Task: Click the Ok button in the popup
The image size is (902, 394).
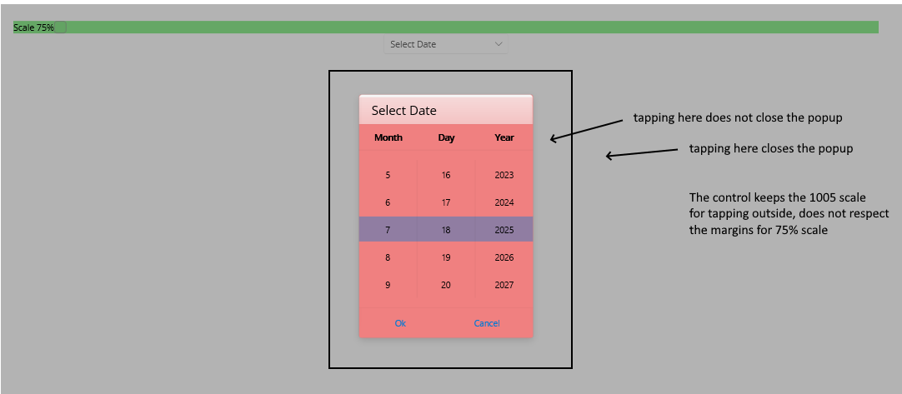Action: pyautogui.click(x=400, y=323)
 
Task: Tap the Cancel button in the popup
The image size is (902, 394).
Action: pyautogui.click(x=487, y=323)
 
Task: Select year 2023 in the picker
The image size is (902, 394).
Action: pyautogui.click(x=504, y=175)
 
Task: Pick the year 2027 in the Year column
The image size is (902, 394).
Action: pyautogui.click(x=504, y=285)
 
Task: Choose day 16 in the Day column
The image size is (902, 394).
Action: pyautogui.click(x=446, y=175)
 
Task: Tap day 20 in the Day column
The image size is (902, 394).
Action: pyautogui.click(x=446, y=285)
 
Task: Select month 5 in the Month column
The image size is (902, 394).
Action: pyautogui.click(x=388, y=175)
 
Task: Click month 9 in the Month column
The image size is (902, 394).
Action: pyautogui.click(x=388, y=285)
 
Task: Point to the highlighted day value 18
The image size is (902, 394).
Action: pyautogui.click(x=446, y=230)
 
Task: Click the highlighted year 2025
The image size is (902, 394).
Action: pyautogui.click(x=504, y=230)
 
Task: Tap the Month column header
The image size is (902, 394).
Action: pyautogui.click(x=388, y=137)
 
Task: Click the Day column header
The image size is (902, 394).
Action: pyautogui.click(x=446, y=137)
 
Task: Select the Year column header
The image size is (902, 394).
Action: pyautogui.click(x=504, y=137)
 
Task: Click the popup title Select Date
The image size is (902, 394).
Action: pyautogui.click(x=403, y=111)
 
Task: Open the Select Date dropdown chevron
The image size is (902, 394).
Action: pyautogui.click(x=499, y=43)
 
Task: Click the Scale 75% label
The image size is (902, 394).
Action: pyautogui.click(x=33, y=27)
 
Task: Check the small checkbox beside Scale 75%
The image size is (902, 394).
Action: pyautogui.click(x=60, y=27)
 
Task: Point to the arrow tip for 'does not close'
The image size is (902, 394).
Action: pyautogui.click(x=550, y=138)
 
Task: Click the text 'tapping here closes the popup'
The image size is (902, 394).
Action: pyautogui.click(x=771, y=148)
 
